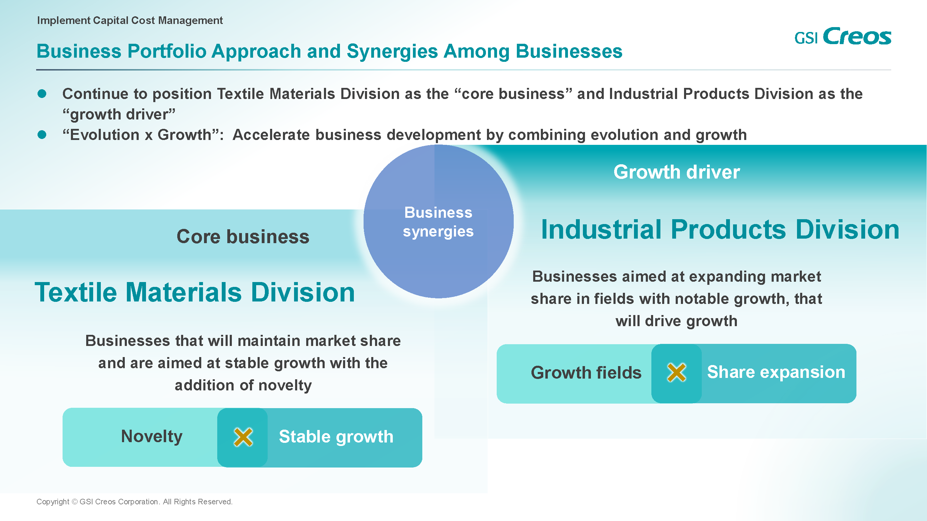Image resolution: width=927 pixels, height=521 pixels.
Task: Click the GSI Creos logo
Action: tap(843, 36)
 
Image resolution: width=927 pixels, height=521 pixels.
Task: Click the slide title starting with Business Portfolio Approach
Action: tap(329, 51)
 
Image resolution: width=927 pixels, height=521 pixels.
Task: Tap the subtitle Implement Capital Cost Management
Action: tap(130, 20)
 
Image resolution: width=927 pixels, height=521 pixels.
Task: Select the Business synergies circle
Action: tap(438, 221)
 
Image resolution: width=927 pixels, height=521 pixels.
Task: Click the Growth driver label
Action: tap(676, 172)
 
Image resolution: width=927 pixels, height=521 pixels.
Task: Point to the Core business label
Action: tap(243, 237)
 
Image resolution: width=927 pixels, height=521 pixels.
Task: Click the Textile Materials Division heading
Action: tap(195, 292)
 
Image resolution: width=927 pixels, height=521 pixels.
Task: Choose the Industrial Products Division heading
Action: tap(720, 229)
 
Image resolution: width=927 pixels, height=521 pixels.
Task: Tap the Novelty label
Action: tap(152, 437)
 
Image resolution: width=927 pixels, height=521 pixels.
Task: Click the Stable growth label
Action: tap(336, 437)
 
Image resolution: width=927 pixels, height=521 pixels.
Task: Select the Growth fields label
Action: tap(586, 372)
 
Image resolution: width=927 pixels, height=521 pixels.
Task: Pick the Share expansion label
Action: tap(776, 372)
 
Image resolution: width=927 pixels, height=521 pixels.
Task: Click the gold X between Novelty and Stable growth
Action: tap(243, 437)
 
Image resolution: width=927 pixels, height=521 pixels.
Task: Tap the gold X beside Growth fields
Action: tap(676, 372)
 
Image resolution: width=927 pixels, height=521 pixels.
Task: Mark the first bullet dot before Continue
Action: tap(42, 94)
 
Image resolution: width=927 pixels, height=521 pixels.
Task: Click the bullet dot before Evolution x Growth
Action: tap(42, 135)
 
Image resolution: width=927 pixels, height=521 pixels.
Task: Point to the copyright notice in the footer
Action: tap(135, 502)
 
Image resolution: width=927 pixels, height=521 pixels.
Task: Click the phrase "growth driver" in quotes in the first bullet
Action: tap(119, 115)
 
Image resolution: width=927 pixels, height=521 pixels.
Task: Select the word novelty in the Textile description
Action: tap(285, 386)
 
